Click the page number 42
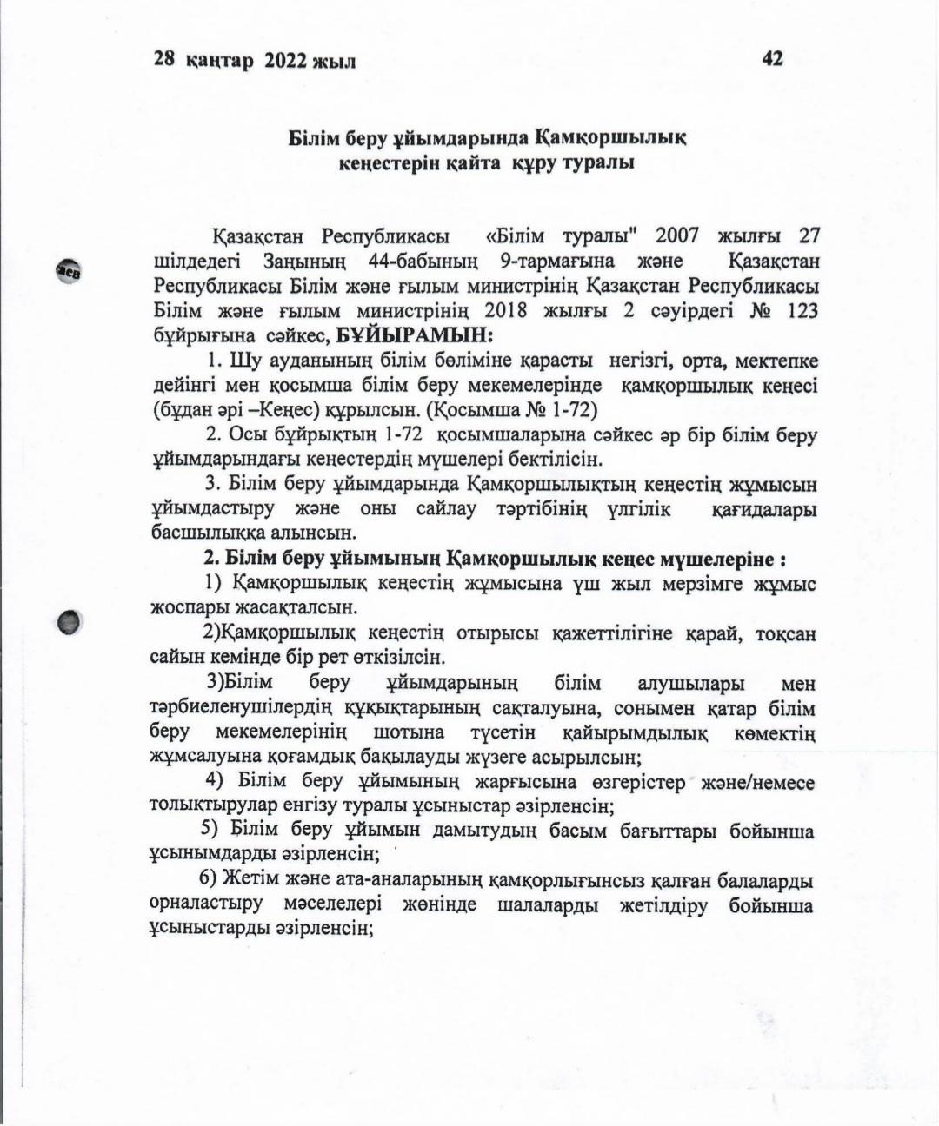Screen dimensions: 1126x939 point(772,58)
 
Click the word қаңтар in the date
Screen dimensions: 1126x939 point(219,60)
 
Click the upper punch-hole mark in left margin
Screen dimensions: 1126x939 point(69,270)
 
